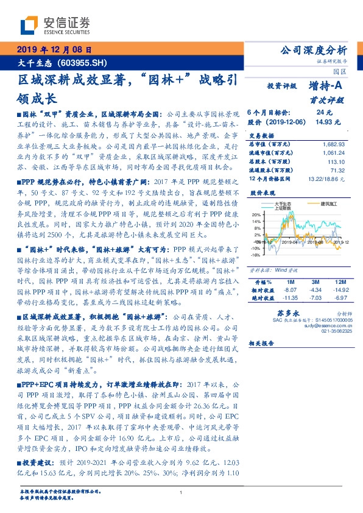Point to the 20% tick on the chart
pyautogui.click(x=257, y=215)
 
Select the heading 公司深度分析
pyautogui.click(x=312, y=50)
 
